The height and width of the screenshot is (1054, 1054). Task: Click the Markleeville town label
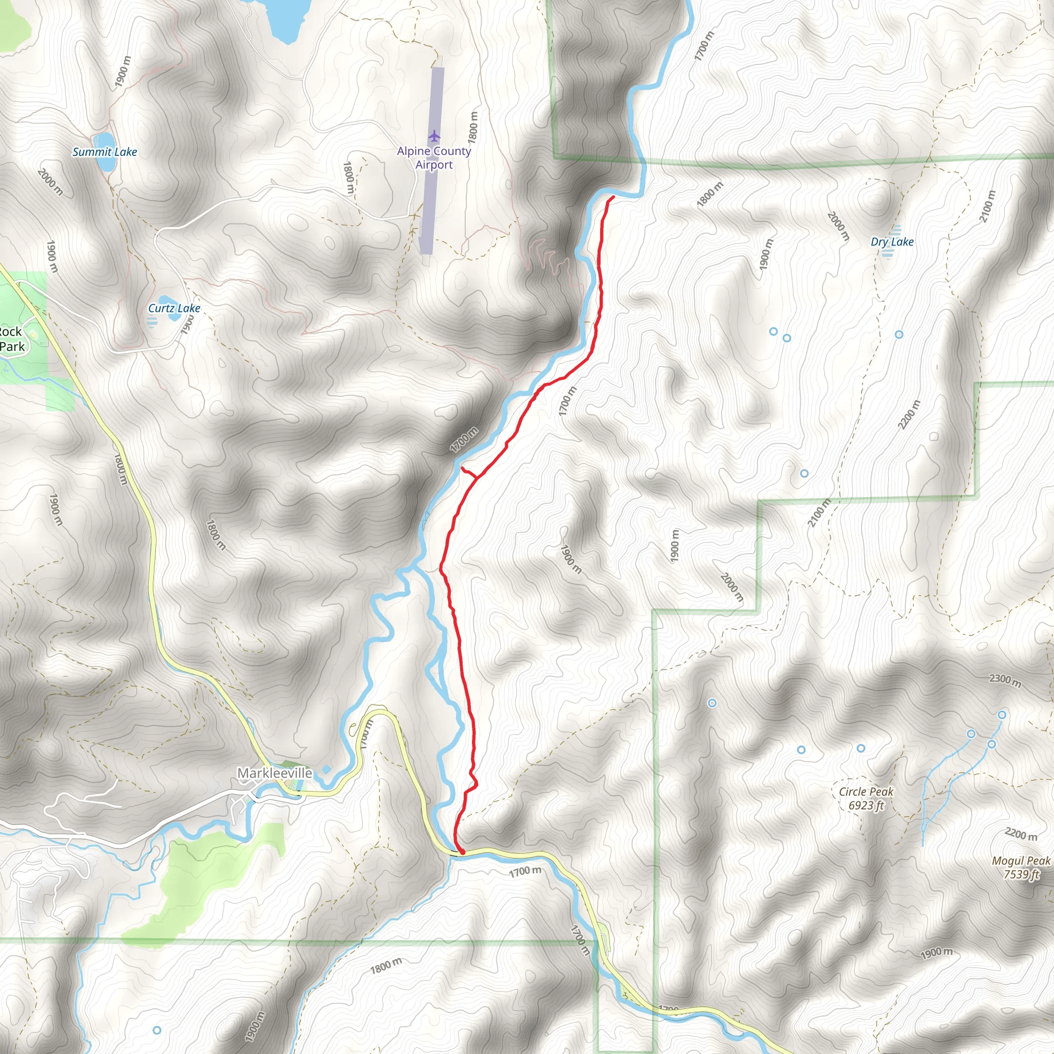tap(274, 773)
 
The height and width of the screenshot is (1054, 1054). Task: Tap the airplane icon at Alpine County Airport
tap(434, 135)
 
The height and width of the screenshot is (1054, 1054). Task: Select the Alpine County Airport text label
tap(434, 157)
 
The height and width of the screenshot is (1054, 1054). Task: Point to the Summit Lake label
tap(105, 152)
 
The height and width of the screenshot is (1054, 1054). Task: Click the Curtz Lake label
tap(174, 308)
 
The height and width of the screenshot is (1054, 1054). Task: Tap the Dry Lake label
tap(892, 242)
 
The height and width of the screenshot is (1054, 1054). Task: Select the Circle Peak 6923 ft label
tap(866, 798)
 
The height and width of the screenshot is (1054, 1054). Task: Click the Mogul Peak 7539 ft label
tap(1021, 867)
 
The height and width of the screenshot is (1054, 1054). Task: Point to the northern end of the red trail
tap(614, 197)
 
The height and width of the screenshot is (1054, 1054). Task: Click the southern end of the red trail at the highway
tap(462, 852)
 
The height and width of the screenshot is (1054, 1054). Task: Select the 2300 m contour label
tap(1005, 680)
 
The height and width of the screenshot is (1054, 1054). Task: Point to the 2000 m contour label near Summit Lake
tap(51, 182)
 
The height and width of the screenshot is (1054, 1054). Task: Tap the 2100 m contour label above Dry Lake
tap(988, 206)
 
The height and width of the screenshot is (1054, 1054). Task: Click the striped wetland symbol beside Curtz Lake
tap(152, 321)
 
